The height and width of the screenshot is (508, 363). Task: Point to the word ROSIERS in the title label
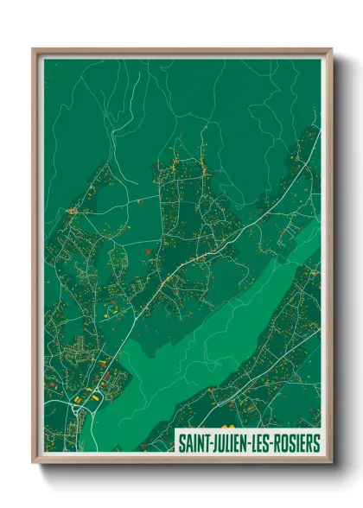(296, 443)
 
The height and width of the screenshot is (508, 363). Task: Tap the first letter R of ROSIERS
(277, 443)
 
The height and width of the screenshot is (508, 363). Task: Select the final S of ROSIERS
(316, 443)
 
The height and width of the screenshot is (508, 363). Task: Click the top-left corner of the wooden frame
(34, 49)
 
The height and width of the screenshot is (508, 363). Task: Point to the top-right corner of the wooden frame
(331, 49)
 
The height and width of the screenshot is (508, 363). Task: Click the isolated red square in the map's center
(148, 251)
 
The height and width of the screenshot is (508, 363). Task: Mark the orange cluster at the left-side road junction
(72, 211)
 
